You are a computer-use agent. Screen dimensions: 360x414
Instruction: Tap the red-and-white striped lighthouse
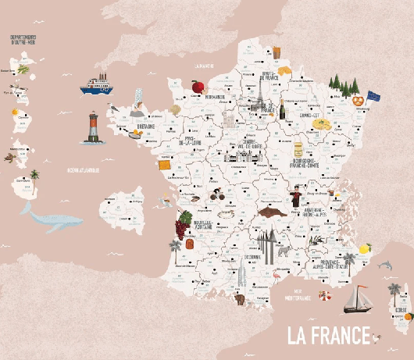click(91, 129)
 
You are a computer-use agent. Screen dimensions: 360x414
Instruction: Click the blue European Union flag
click(373, 95)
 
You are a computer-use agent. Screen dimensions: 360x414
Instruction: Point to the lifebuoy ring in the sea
click(324, 296)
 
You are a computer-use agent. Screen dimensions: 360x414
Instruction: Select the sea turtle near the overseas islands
click(9, 159)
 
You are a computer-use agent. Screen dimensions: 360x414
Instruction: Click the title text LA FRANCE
click(327, 335)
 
